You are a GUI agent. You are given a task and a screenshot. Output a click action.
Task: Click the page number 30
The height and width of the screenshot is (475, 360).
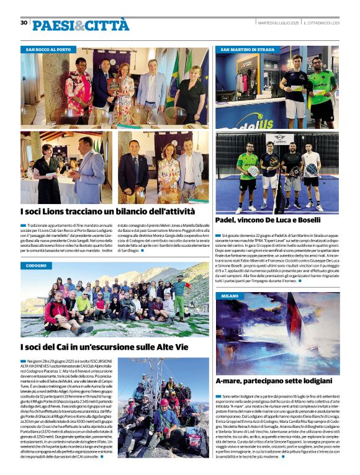pyautogui.click(x=24, y=23)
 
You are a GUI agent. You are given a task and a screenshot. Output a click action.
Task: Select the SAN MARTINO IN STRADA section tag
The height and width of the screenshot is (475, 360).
pyautogui.click(x=247, y=49)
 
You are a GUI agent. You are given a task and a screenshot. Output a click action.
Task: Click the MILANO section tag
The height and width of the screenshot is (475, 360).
pyautogui.click(x=230, y=296)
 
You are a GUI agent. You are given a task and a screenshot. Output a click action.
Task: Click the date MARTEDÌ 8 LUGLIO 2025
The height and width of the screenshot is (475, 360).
pyautogui.click(x=278, y=23)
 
